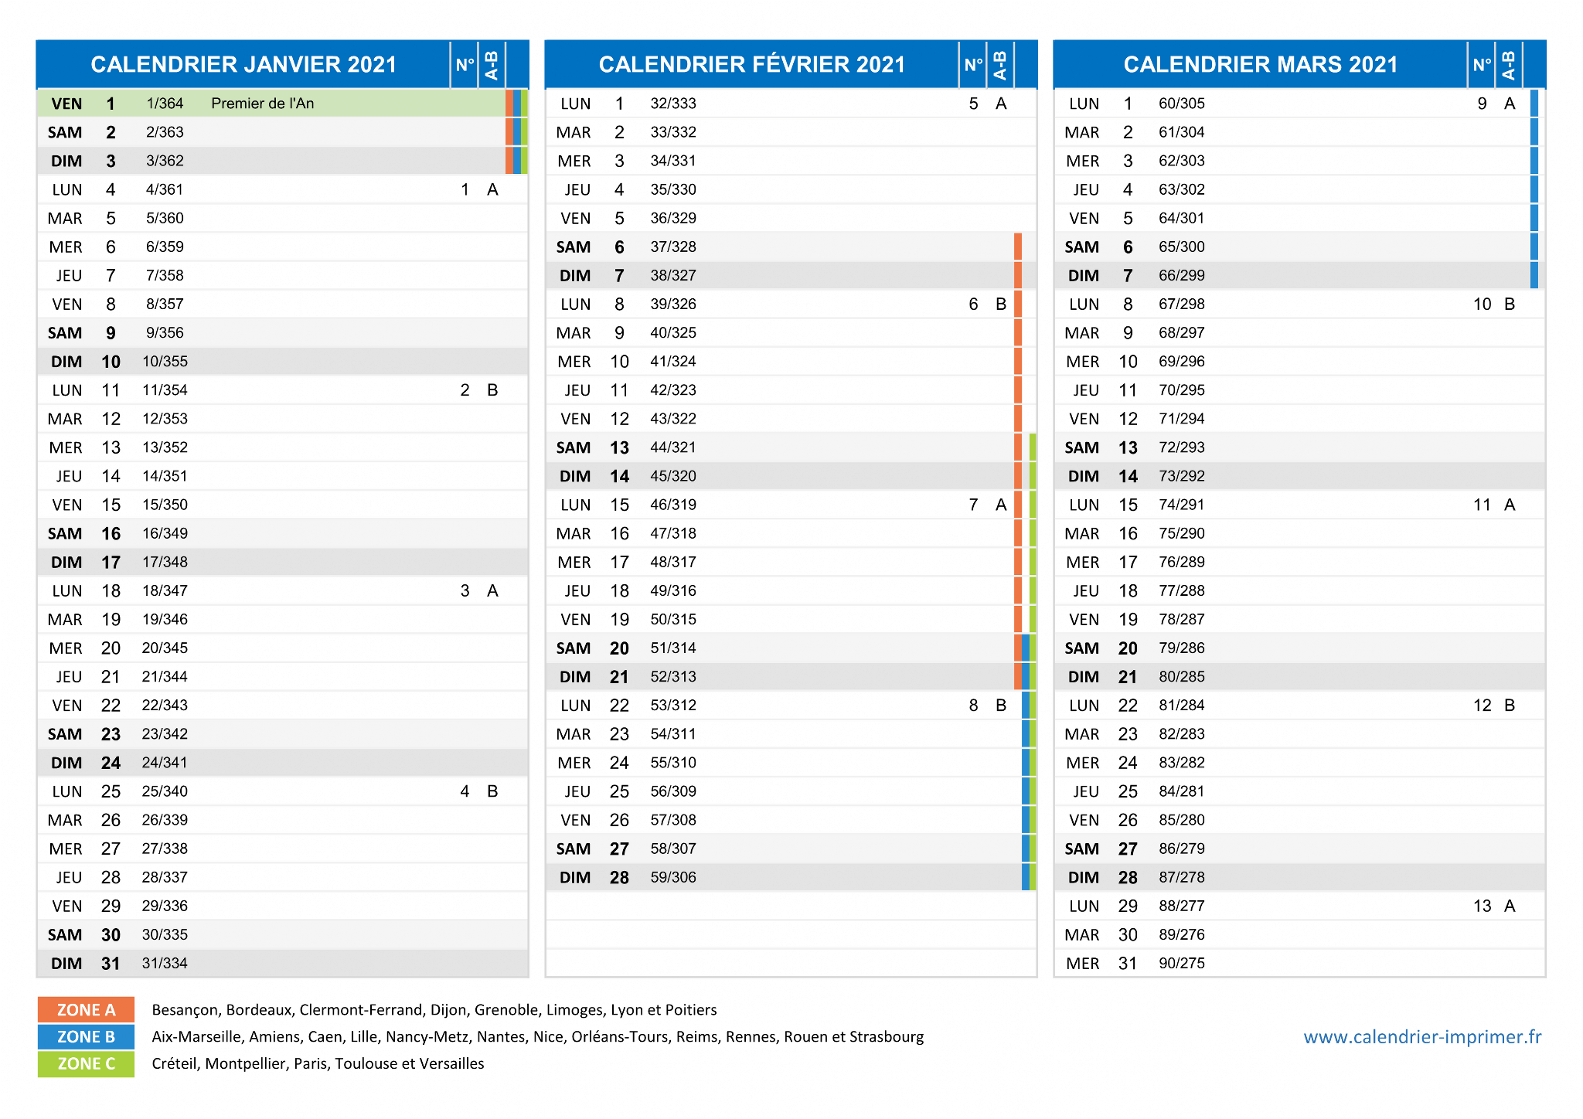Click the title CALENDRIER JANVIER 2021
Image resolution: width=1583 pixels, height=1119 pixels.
(x=243, y=64)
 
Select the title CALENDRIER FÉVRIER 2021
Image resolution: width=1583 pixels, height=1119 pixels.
(x=752, y=64)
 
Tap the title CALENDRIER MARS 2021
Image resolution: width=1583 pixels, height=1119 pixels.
(x=1261, y=64)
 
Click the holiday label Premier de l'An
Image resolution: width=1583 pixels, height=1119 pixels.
(x=263, y=104)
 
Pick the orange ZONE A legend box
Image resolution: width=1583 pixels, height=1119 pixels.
(x=86, y=1010)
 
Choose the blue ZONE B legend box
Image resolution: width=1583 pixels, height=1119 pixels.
(x=86, y=1037)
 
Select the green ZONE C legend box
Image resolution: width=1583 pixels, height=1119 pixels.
(x=86, y=1064)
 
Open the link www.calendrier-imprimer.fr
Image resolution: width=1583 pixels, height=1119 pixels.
(x=1422, y=1037)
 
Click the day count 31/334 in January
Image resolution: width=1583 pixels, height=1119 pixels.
(x=165, y=964)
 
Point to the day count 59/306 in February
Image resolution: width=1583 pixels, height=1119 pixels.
(x=673, y=878)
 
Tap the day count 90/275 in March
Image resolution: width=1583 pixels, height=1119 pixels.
(x=1182, y=964)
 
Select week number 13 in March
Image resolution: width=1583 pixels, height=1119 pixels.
(x=1483, y=906)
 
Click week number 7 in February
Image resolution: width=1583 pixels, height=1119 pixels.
(x=973, y=505)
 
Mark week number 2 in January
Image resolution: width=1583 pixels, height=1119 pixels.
(x=465, y=390)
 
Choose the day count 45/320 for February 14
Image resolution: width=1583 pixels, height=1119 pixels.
(x=673, y=477)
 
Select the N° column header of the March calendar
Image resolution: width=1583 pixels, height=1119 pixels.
(x=1482, y=65)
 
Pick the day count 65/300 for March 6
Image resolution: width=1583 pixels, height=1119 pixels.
(x=1182, y=247)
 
